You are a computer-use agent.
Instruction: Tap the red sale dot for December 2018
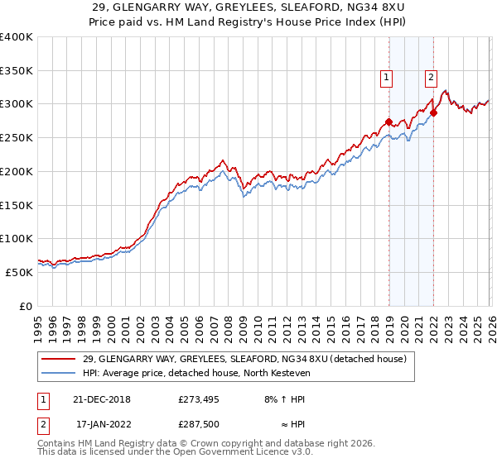[388, 122]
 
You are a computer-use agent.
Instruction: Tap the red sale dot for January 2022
[433, 112]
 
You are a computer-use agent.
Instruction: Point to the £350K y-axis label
[17, 71]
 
